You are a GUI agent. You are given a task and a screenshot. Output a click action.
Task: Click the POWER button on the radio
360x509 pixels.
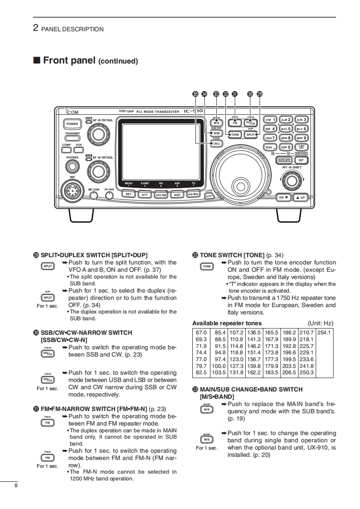pyautogui.click(x=72, y=124)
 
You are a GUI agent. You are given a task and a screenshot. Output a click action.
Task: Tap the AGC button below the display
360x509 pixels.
pyautogui.click(x=177, y=195)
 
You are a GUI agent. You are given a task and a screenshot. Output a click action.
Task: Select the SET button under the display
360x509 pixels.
pyautogui.click(x=129, y=195)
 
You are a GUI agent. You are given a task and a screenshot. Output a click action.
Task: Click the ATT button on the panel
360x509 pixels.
pyautogui.click(x=145, y=195)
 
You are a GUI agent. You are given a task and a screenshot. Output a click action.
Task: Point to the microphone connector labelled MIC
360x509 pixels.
pyautogui.click(x=73, y=188)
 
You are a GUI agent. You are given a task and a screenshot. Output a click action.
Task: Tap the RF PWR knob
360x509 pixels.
pyautogui.click(x=109, y=196)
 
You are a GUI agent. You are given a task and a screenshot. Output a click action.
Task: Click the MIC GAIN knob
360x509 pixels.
pyautogui.click(x=93, y=196)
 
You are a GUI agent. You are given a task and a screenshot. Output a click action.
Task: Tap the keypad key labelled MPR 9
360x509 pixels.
pyautogui.click(x=301, y=138)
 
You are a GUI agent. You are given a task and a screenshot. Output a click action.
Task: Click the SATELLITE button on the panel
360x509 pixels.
pyautogui.click(x=284, y=160)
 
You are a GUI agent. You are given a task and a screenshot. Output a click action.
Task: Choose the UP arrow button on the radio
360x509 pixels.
pyautogui.click(x=301, y=197)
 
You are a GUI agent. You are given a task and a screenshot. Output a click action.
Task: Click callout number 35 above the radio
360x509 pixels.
pyautogui.click(x=195, y=94)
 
